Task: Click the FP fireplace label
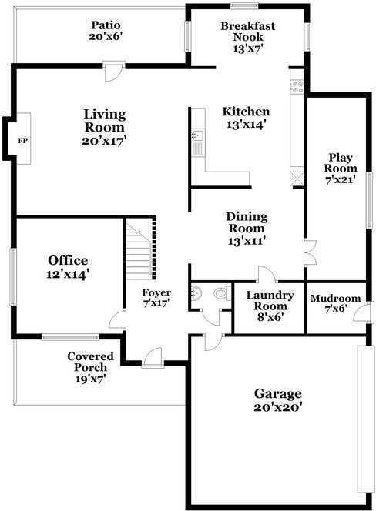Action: [22, 141]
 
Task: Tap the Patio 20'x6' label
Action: [106, 30]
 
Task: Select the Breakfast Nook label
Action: [247, 32]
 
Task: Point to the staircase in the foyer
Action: [141, 248]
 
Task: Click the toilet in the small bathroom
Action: [221, 294]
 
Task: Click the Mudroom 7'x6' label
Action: [336, 303]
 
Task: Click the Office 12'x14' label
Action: [68, 266]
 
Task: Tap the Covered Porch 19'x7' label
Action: [90, 367]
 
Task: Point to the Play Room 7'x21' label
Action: [340, 169]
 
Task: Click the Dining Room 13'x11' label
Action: [247, 229]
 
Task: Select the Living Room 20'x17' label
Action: [104, 127]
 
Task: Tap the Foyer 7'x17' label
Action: [156, 298]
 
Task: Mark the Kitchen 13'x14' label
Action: [247, 117]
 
